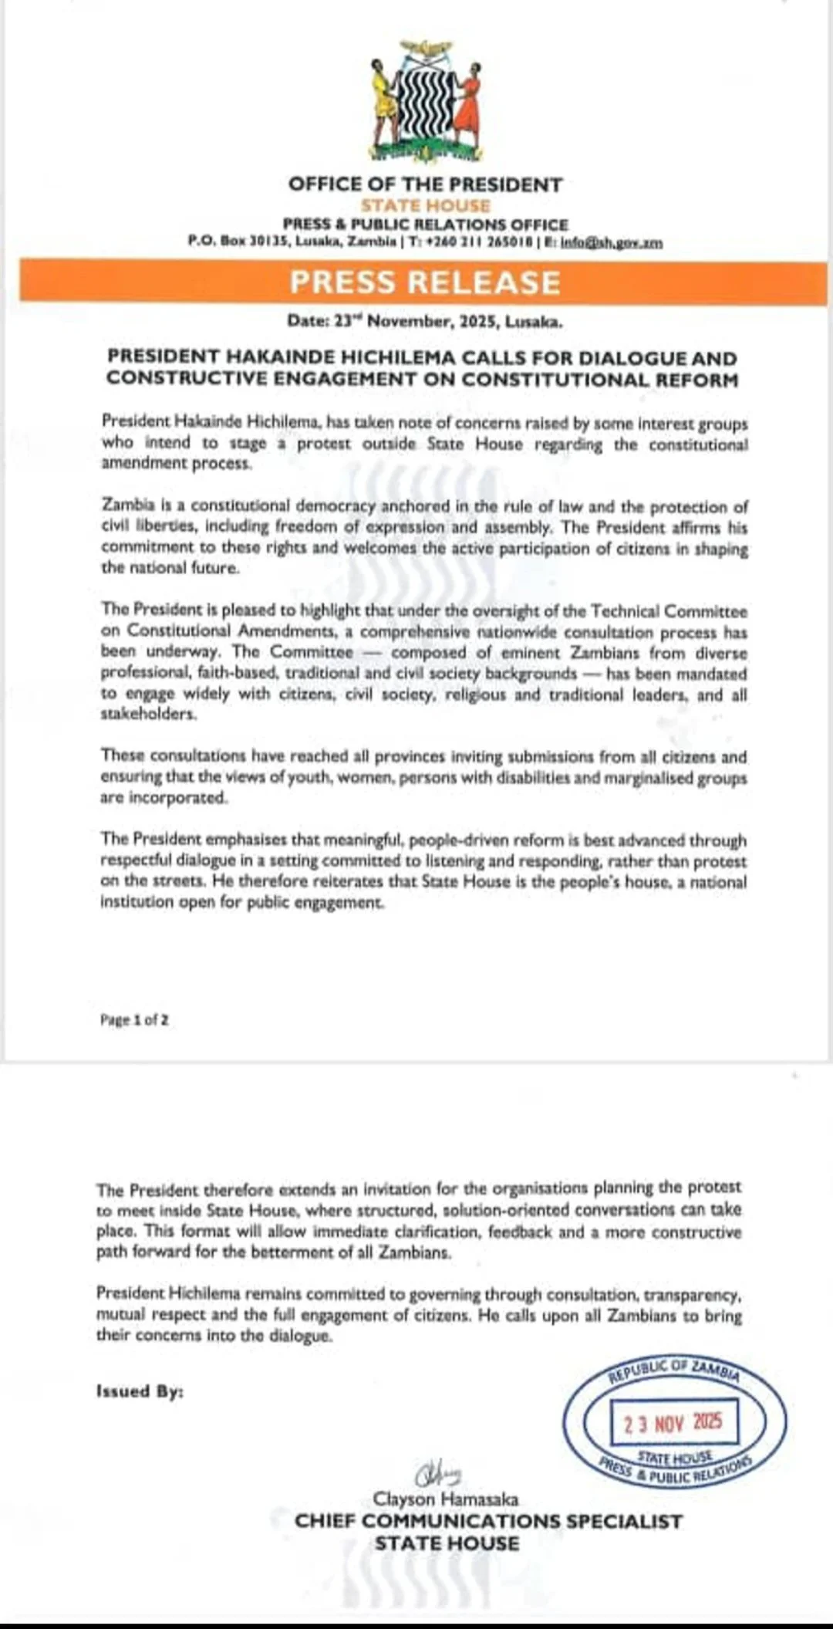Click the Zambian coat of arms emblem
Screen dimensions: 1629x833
tap(425, 101)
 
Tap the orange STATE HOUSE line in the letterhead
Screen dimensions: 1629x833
tap(425, 205)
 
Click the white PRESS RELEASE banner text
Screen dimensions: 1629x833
tap(425, 282)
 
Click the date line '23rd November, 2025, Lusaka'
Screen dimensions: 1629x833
tap(425, 321)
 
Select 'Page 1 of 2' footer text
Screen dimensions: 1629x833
tap(134, 1019)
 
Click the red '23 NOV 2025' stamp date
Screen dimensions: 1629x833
tap(673, 1422)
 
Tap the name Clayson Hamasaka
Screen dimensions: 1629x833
tap(446, 1499)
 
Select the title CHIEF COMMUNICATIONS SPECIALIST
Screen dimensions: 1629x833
tap(488, 1521)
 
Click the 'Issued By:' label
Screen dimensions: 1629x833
tap(140, 1391)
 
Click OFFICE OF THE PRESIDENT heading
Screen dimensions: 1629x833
tap(425, 184)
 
